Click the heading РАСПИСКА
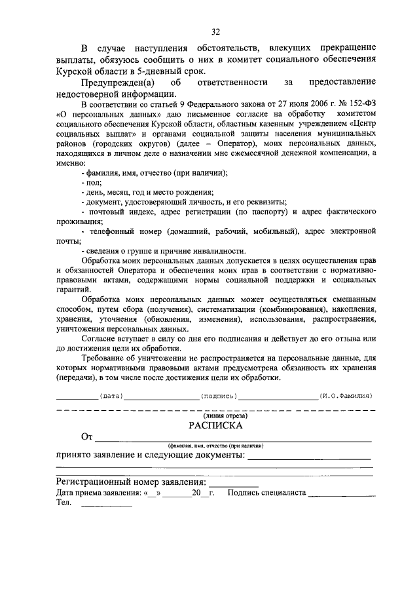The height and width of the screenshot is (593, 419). (215, 425)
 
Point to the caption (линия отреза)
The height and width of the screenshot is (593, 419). (215, 415)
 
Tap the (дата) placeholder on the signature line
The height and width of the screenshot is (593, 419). (111, 396)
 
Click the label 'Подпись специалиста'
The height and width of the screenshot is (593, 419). (266, 493)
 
